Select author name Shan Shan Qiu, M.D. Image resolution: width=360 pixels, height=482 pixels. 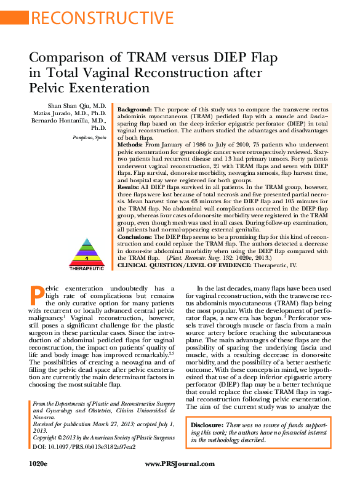pyautogui.click(x=76, y=106)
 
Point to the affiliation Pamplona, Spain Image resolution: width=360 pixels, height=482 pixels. pyautogui.click(x=89, y=136)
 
